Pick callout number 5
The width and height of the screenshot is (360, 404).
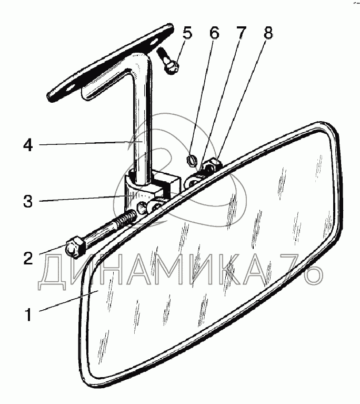click(187, 33)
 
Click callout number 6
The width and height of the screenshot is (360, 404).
click(214, 33)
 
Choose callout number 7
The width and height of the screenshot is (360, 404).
click(241, 33)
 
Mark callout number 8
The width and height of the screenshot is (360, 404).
click(268, 33)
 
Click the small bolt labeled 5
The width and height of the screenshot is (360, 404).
click(169, 61)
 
